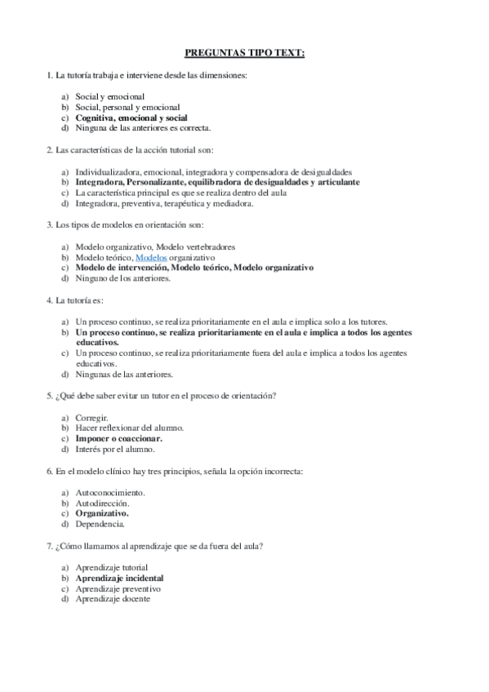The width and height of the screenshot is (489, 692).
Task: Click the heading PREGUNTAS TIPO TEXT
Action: point(244,53)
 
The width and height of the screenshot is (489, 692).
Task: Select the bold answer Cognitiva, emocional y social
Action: point(131,118)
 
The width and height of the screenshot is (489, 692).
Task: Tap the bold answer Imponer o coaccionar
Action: point(118,438)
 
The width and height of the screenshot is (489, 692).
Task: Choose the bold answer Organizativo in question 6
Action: point(102,513)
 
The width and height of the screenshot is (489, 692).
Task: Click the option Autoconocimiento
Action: point(110,492)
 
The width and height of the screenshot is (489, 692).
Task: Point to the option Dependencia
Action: point(100,524)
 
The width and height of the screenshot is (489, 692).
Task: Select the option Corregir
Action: point(92,417)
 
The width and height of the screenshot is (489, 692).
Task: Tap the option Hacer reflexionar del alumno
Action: point(130,428)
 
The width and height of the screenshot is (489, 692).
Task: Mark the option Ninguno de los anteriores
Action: point(123,277)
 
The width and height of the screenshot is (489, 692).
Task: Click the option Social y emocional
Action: point(110,96)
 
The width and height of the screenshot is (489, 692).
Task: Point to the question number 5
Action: point(51,396)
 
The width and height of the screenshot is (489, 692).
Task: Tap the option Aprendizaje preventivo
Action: point(118,588)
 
